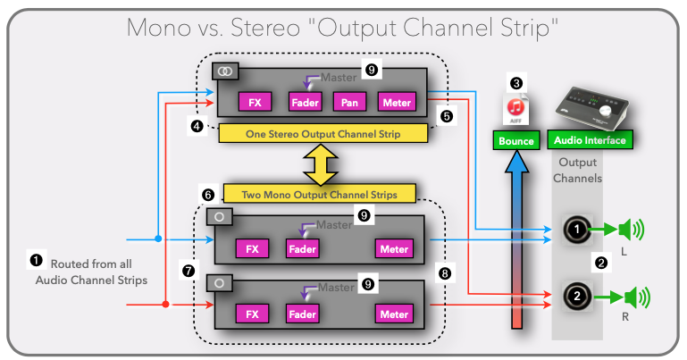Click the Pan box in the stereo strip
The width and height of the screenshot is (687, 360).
348,103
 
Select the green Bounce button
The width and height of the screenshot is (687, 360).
516,141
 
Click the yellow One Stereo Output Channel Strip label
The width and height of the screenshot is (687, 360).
322,133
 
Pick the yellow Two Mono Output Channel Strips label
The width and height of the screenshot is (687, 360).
319,193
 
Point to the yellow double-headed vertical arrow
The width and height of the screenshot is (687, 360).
319,163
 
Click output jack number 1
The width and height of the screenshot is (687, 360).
577,231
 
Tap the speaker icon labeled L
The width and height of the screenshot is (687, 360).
632,231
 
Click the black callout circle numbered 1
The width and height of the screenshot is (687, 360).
37,260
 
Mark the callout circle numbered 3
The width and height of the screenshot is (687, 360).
515,83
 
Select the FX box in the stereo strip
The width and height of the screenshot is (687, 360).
254,103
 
